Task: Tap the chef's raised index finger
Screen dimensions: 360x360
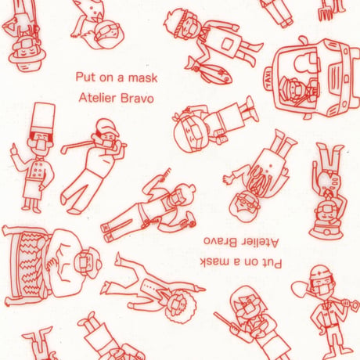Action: coord(12,148)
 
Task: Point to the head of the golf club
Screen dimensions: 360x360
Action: coord(64,149)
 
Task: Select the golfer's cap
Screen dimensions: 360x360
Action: coord(106,127)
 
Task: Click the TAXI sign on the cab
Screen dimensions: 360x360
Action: coord(268,77)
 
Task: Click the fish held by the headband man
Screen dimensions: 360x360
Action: coord(209,72)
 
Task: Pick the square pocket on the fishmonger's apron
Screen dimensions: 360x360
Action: coord(226,44)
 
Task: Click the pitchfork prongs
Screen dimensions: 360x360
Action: coord(326,13)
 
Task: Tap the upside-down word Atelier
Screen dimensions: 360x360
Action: coord(259,243)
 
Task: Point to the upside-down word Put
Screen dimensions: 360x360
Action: coord(273,263)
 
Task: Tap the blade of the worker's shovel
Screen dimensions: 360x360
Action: coord(300,289)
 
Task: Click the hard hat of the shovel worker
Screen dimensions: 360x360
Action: coord(321,272)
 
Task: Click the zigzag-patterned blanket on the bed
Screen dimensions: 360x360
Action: coord(31,264)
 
